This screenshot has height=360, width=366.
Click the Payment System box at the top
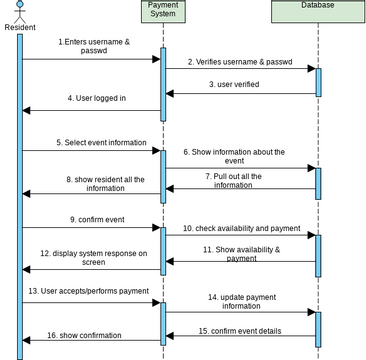[x=162, y=11]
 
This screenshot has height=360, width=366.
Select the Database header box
[x=317, y=6]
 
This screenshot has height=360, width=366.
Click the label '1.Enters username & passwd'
[x=93, y=46]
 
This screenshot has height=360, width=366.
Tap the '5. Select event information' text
[x=101, y=143]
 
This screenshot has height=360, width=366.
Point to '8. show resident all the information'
[x=99, y=184]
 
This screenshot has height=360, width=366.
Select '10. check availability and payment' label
[x=242, y=228]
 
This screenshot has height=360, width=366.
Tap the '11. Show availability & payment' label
[x=241, y=253]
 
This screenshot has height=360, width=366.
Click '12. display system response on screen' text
[x=94, y=257]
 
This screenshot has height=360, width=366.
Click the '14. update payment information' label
[x=241, y=302]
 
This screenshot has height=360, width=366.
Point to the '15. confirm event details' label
[x=239, y=330]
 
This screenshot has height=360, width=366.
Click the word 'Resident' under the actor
[x=19, y=27]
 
